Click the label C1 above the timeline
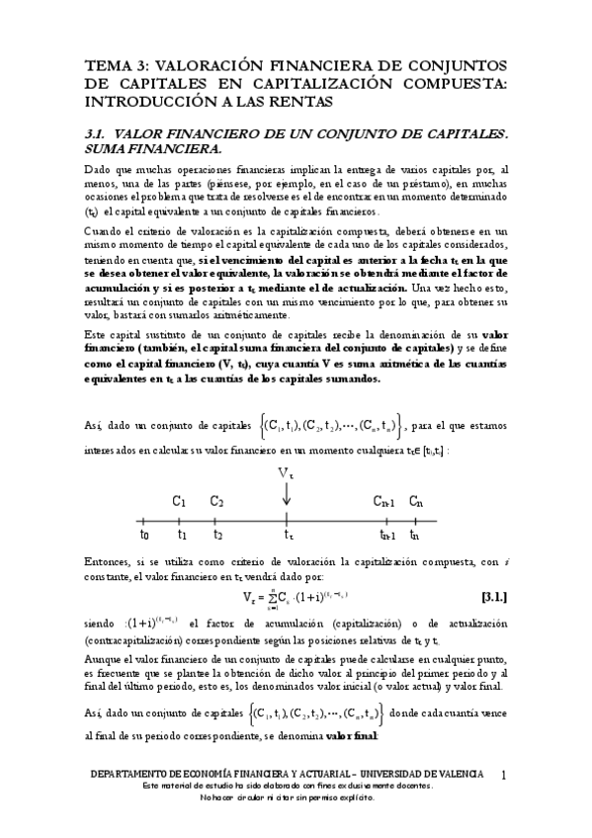180,502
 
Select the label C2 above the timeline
216,502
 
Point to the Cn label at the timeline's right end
416,502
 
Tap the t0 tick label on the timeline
145,535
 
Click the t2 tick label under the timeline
217,535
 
